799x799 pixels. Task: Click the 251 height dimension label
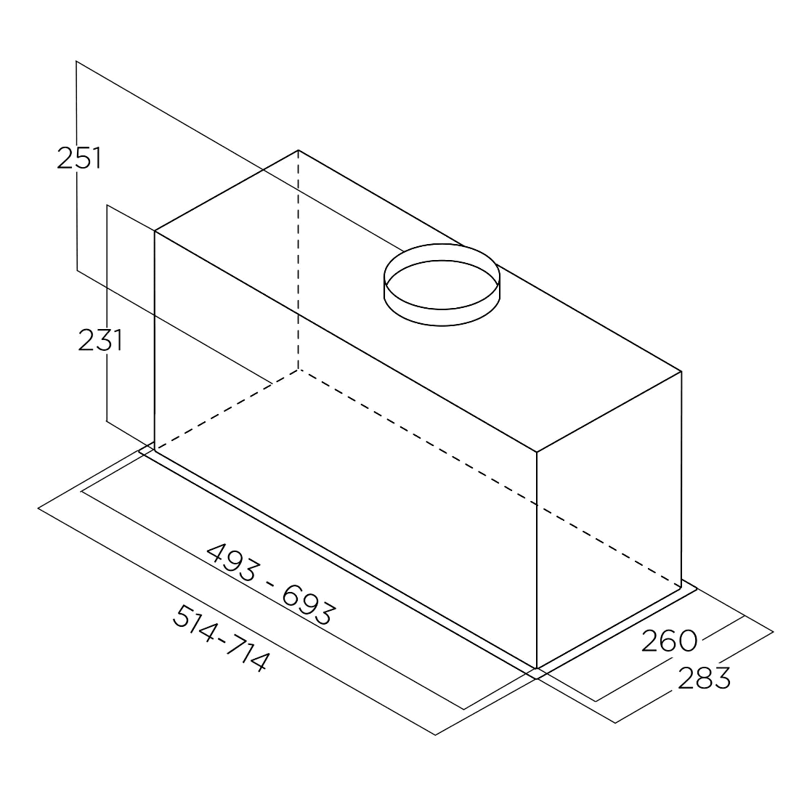click(79, 158)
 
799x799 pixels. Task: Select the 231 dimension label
click(100, 340)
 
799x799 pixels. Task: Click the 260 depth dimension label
click(669, 641)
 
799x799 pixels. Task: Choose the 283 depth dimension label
click(704, 678)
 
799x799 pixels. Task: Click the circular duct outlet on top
click(442, 284)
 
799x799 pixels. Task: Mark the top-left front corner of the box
click(155, 231)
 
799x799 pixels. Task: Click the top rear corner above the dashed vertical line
click(298, 150)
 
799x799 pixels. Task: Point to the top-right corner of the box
click(681, 371)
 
